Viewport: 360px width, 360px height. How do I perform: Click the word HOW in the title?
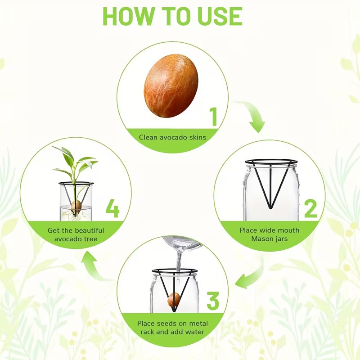(x=129, y=16)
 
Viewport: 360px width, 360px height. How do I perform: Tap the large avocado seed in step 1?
(x=171, y=85)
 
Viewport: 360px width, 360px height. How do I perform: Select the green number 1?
(x=214, y=117)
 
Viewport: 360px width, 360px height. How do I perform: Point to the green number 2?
(x=310, y=209)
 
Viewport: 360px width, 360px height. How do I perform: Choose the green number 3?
(x=213, y=301)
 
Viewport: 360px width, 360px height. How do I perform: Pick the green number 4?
(x=112, y=208)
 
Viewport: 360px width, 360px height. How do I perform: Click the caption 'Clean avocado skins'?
(x=172, y=137)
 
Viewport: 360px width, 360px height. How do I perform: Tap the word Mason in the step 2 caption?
(x=261, y=239)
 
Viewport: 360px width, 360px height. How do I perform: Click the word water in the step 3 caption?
(x=195, y=332)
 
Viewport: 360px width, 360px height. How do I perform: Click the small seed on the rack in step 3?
(x=174, y=299)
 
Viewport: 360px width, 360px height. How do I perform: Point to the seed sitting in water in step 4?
(x=76, y=206)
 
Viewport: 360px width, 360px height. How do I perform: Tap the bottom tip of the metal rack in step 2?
(x=271, y=208)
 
